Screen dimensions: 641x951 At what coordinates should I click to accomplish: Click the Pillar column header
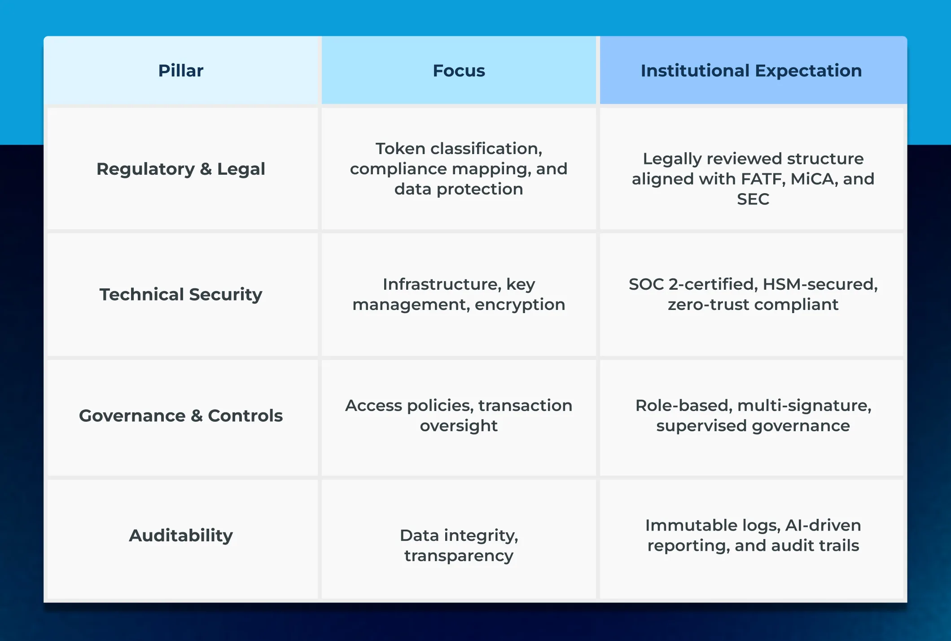click(x=181, y=71)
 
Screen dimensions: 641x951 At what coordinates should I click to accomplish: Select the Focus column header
click(x=459, y=71)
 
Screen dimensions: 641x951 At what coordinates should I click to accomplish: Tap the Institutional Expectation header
click(x=751, y=71)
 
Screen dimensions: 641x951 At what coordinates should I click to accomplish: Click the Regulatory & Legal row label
click(x=181, y=169)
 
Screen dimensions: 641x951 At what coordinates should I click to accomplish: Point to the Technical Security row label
click(x=181, y=294)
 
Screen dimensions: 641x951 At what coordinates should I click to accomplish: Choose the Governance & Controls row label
click(x=181, y=416)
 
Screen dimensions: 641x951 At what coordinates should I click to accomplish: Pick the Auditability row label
click(x=181, y=535)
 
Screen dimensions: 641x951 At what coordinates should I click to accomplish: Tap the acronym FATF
click(x=763, y=179)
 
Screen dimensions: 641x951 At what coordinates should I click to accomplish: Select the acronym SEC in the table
click(x=753, y=199)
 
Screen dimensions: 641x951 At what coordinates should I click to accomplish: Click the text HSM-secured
click(x=820, y=284)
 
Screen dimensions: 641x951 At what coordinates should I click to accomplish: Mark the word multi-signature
click(x=804, y=405)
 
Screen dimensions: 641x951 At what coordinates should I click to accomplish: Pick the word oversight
click(x=459, y=425)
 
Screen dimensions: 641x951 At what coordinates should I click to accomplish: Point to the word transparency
click(x=459, y=556)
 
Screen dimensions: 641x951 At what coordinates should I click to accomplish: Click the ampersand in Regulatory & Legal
click(x=206, y=169)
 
